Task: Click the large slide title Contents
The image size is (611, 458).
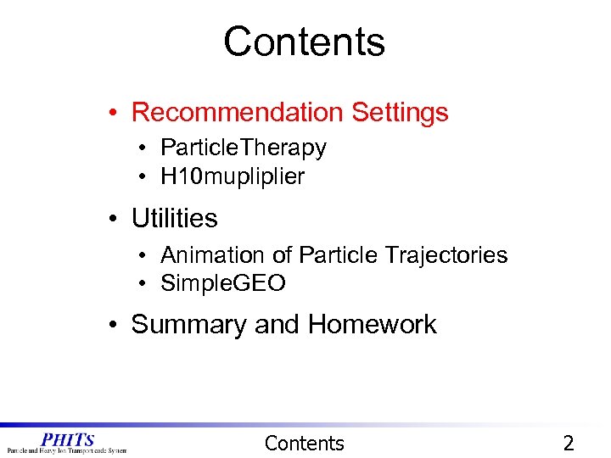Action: pyautogui.click(x=304, y=42)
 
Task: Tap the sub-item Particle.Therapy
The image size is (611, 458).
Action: pyautogui.click(x=243, y=148)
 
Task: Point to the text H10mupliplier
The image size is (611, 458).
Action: pyautogui.click(x=232, y=176)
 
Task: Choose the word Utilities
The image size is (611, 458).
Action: pyautogui.click(x=174, y=218)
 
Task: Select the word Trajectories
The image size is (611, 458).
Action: pyautogui.click(x=446, y=254)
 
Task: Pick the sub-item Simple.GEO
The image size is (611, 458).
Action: pyautogui.click(x=222, y=283)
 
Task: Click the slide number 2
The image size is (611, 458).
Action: pyautogui.click(x=569, y=443)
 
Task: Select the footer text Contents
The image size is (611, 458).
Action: pyautogui.click(x=304, y=443)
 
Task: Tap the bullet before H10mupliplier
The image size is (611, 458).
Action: pyautogui.click(x=146, y=177)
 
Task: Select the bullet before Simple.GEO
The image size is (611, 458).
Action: pyautogui.click(x=146, y=284)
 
